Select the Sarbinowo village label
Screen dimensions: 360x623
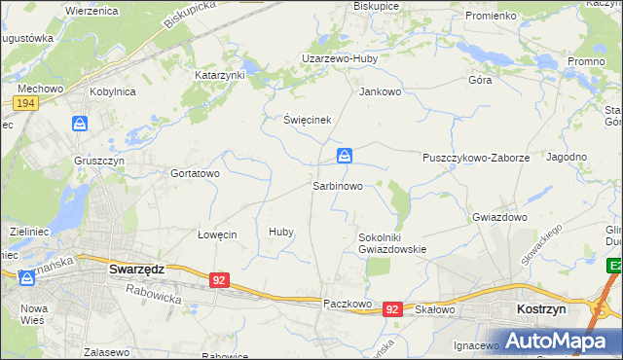click(338, 185)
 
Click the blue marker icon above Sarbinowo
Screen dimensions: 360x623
click(345, 156)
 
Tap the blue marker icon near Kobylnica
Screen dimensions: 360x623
click(80, 124)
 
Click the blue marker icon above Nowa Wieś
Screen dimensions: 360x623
click(26, 278)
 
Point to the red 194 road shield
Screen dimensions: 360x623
click(26, 102)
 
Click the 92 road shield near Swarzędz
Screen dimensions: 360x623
click(219, 280)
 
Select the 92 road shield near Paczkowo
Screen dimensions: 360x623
click(391, 308)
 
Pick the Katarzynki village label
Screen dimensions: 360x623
click(220, 75)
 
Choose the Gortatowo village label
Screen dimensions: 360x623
click(195, 173)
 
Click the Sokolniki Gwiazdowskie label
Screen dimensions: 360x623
click(392, 242)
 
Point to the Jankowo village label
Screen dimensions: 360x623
click(381, 92)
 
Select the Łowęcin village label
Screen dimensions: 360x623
click(217, 234)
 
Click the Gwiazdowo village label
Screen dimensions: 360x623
click(499, 217)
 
